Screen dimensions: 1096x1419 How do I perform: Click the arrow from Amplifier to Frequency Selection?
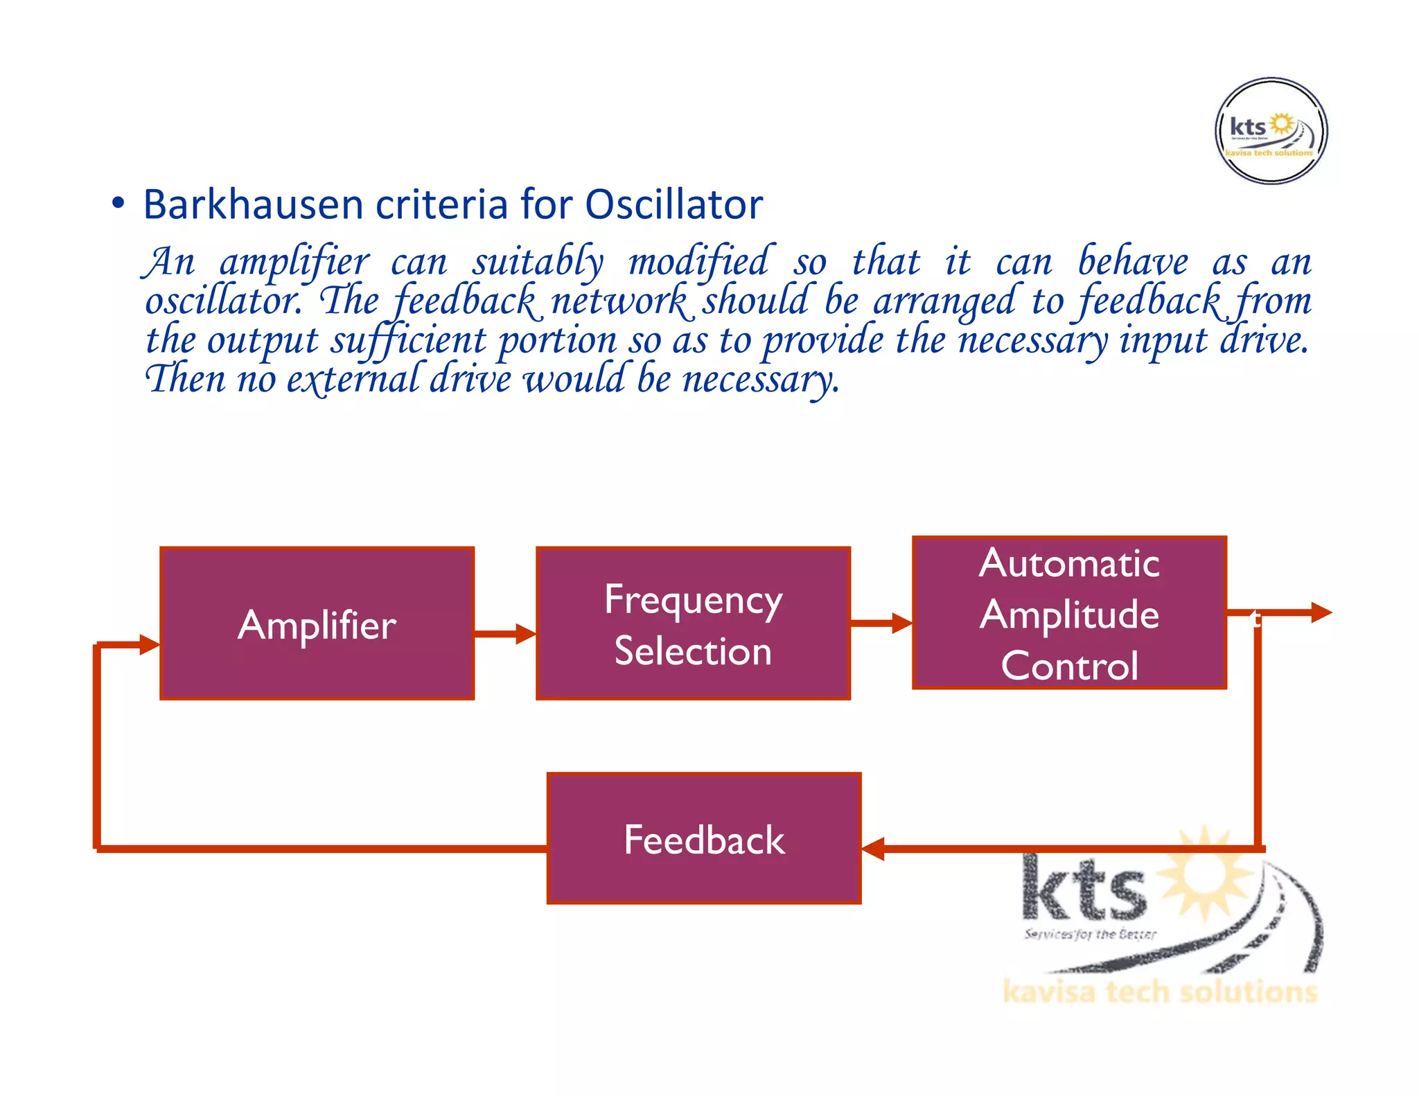pyautogui.click(x=504, y=633)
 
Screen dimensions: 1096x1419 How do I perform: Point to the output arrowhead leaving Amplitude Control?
pyautogui.click(x=1321, y=612)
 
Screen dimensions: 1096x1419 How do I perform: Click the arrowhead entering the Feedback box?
pyautogui.click(x=873, y=848)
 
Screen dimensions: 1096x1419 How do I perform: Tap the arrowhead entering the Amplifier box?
pyautogui.click(x=150, y=644)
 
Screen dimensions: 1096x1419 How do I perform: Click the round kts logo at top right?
pyautogui.click(x=1271, y=131)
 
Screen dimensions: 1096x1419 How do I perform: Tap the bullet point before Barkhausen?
pyautogui.click(x=118, y=204)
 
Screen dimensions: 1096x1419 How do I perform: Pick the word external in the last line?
pyautogui.click(x=352, y=380)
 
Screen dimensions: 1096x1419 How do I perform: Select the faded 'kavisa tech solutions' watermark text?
pyautogui.click(x=1159, y=991)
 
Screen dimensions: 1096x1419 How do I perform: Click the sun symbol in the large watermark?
pyautogui.click(x=1206, y=873)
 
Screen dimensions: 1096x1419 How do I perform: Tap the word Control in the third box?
pyautogui.click(x=1070, y=666)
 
